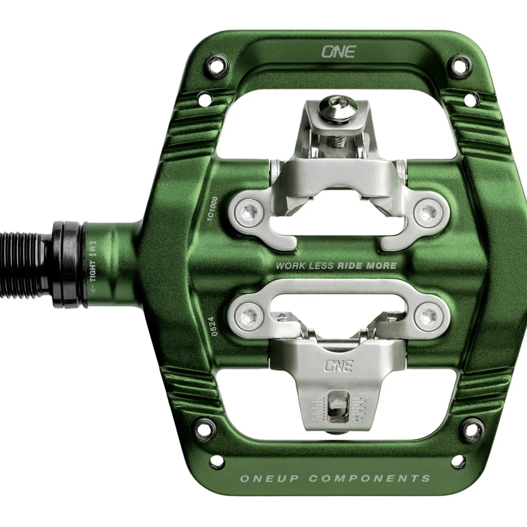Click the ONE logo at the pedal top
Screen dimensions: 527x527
coord(338,51)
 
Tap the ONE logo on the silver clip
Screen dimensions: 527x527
coord(338,366)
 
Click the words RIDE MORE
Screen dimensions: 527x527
coord(367,266)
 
